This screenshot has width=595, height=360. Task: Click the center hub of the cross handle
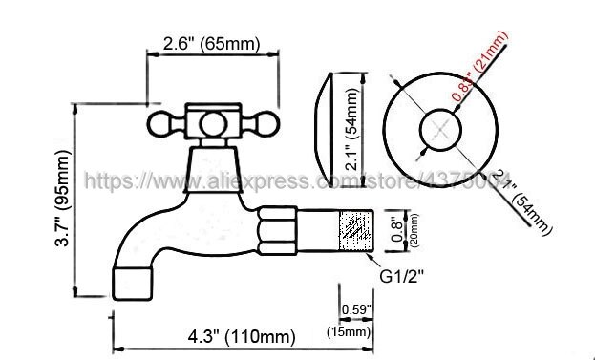pos(211,122)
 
